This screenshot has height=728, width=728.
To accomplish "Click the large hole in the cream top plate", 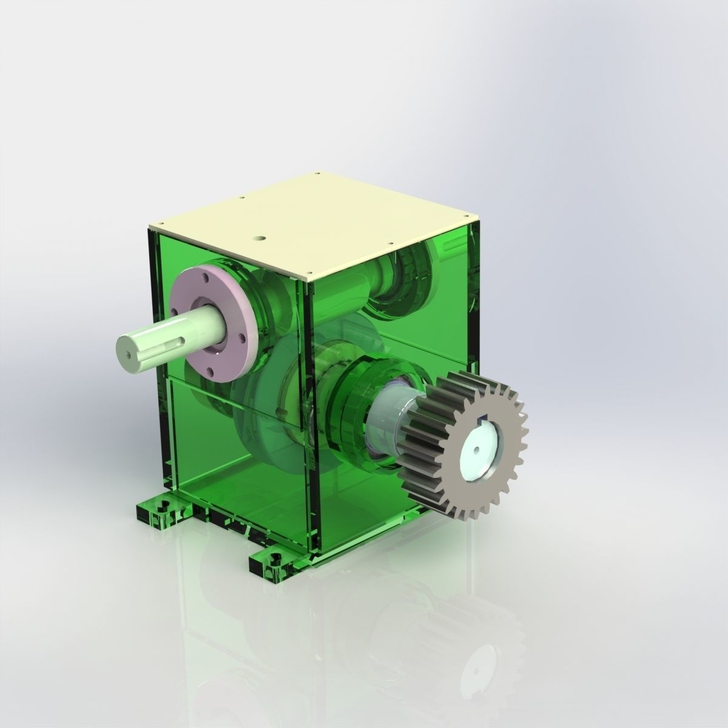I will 261,238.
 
